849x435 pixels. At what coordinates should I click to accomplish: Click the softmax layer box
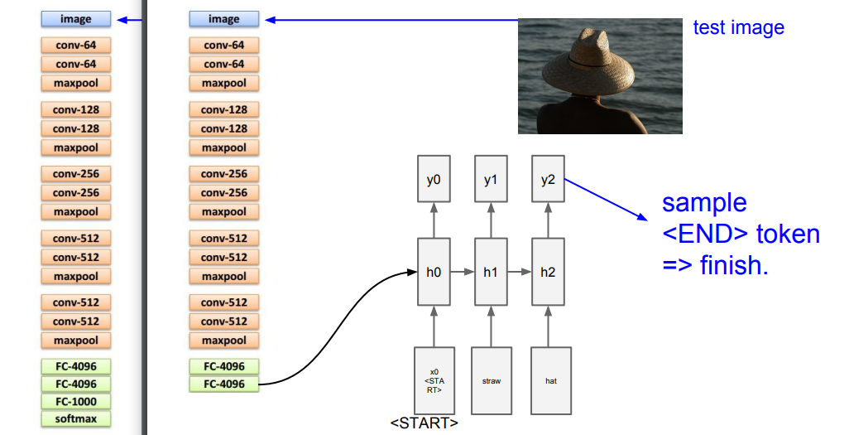(x=75, y=418)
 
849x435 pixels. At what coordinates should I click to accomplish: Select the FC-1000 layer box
(x=75, y=401)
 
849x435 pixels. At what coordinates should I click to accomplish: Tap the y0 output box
(x=434, y=180)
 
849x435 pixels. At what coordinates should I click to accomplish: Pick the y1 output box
(x=491, y=180)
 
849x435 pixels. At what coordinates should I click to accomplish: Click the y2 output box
(x=548, y=180)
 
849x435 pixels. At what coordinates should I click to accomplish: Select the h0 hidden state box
(x=434, y=272)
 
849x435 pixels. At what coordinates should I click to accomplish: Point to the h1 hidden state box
(x=491, y=272)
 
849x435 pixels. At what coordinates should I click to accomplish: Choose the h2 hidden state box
(x=548, y=272)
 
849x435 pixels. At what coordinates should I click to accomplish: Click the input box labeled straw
(x=491, y=381)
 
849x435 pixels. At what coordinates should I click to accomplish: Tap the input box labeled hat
(x=550, y=381)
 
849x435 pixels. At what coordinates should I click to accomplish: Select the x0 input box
(x=434, y=381)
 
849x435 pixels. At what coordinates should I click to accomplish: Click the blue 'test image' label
(x=738, y=27)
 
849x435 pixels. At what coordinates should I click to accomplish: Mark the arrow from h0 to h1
(x=463, y=272)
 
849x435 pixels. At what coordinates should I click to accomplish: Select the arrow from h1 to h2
(x=520, y=272)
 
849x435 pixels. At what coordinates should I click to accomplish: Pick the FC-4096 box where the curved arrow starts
(x=223, y=384)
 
